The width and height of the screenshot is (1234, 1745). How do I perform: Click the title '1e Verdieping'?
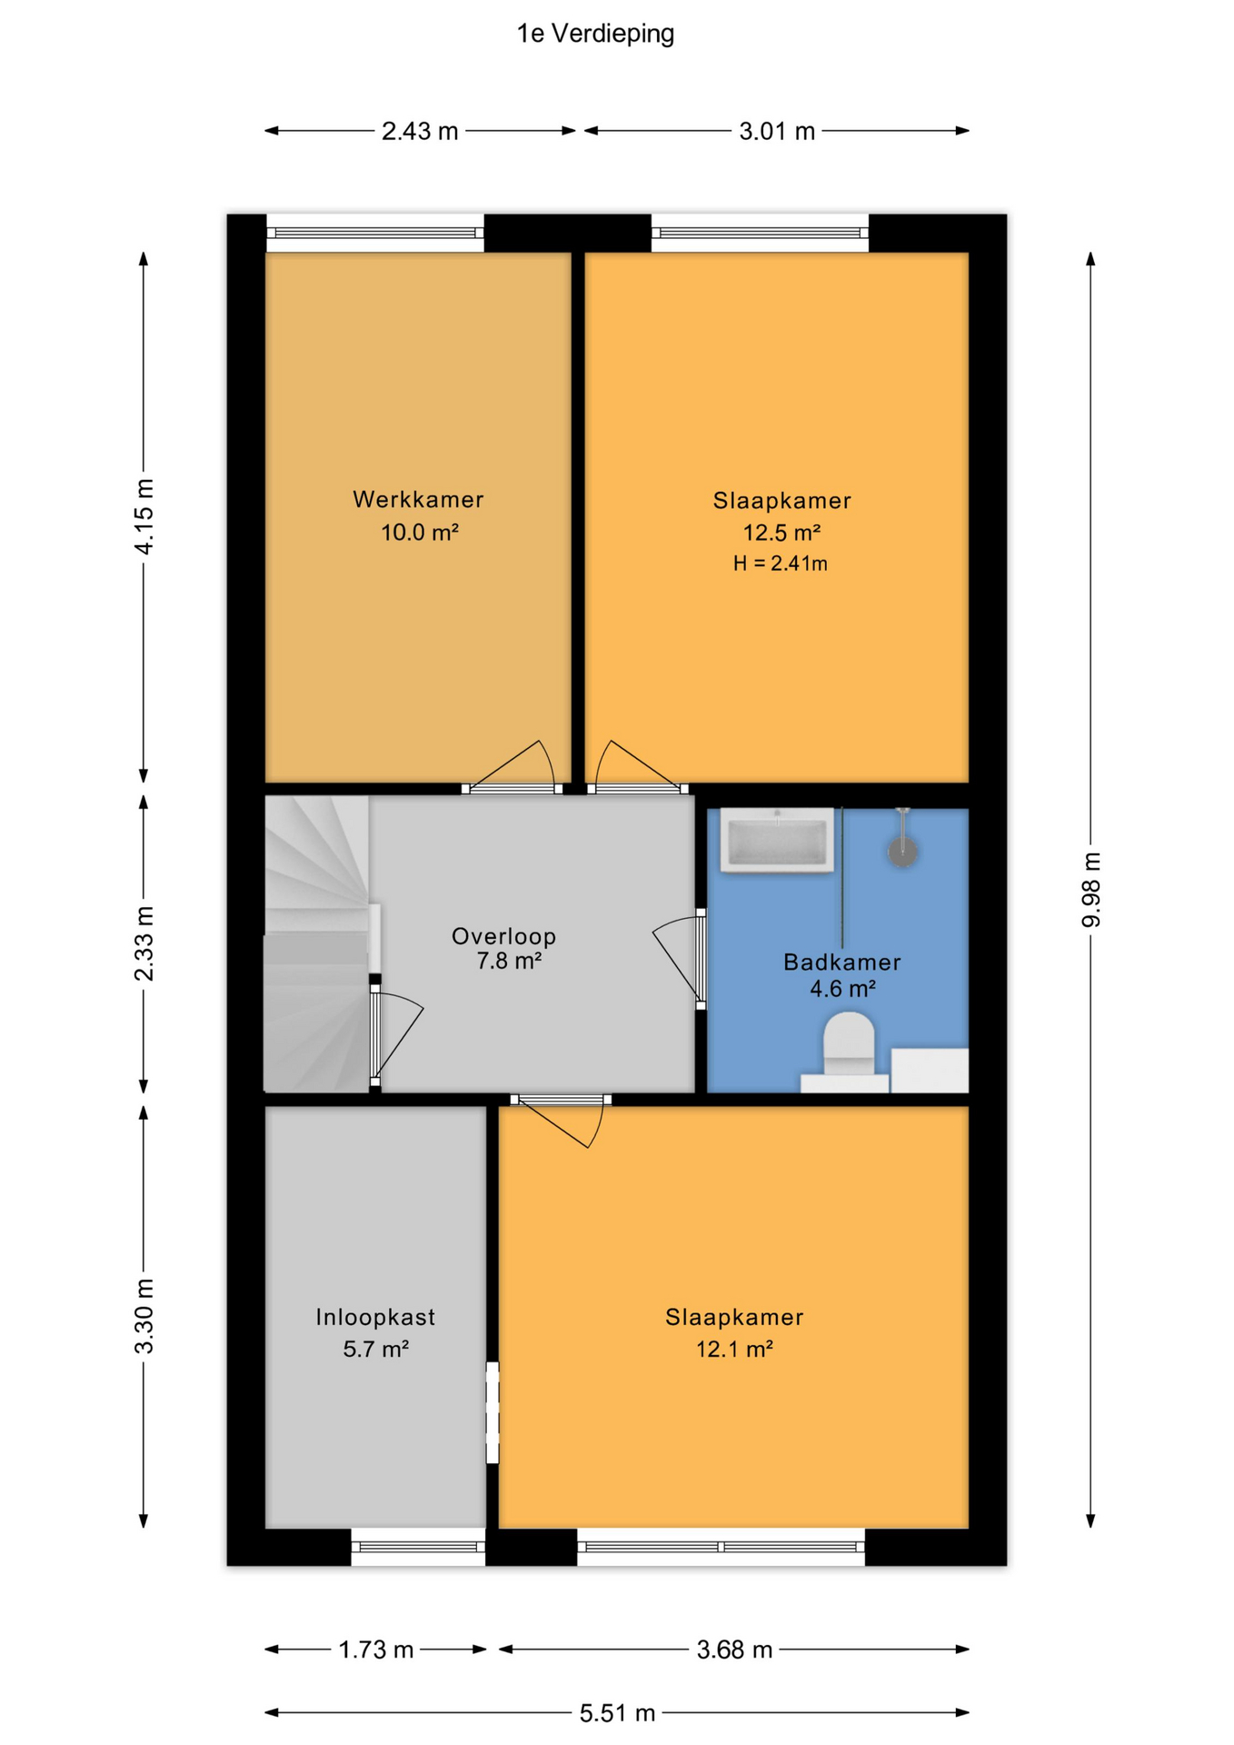coord(595,35)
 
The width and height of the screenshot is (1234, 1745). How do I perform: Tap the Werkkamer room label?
coord(418,499)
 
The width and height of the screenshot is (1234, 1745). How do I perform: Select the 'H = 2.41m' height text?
coord(781,563)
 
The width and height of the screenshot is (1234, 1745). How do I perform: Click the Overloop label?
coord(503,935)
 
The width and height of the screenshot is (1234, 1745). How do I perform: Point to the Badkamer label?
coord(842,962)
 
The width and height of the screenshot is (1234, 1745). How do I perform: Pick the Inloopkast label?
coord(375,1317)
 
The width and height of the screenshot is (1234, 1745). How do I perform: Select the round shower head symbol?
coord(902,852)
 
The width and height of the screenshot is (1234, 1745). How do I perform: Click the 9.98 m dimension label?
coord(1091,890)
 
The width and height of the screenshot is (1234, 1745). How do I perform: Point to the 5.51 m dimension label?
coord(618,1713)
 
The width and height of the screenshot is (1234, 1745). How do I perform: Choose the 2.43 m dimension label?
coord(420,132)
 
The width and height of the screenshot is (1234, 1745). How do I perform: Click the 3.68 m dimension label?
coord(734,1650)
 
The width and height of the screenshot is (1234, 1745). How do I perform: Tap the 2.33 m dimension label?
coord(144,943)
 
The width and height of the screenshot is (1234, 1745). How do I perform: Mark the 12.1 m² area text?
coord(734,1350)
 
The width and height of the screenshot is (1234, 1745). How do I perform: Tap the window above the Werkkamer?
coord(375,234)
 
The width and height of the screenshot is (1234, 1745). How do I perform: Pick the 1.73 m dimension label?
coord(376,1650)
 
